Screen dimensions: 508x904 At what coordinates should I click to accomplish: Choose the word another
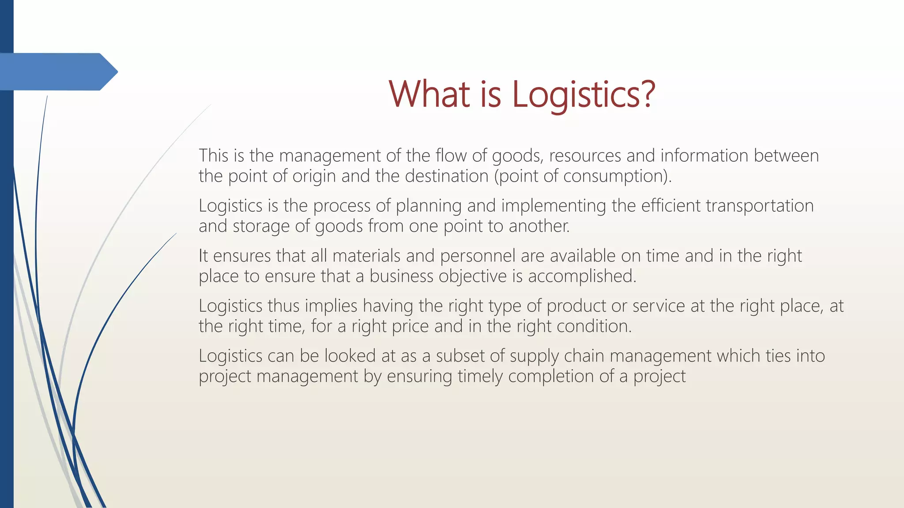pos(539,226)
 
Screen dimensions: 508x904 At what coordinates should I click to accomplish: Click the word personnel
pos(478,256)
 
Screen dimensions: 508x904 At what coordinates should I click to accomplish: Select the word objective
pos(472,276)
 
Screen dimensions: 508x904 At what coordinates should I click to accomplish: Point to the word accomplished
pos(582,276)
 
